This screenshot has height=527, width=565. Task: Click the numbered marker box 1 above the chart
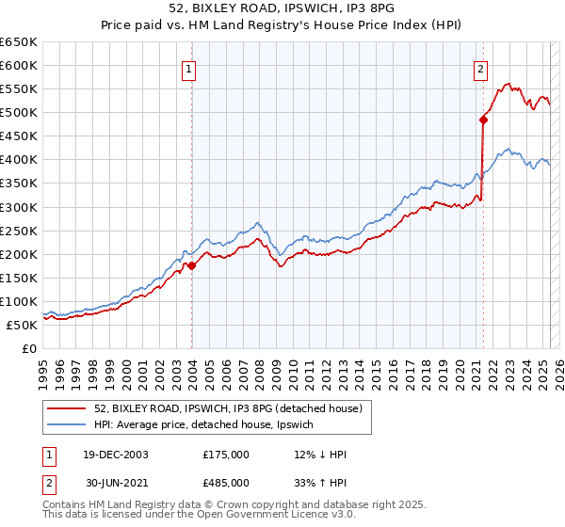point(190,68)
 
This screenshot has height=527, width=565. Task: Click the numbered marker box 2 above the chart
point(480,68)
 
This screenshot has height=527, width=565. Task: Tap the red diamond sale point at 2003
point(191,265)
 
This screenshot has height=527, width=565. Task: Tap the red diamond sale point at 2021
point(483,120)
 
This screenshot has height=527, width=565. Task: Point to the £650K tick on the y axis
point(19,42)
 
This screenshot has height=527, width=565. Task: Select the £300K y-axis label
point(19,207)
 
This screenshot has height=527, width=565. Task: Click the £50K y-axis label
point(23,325)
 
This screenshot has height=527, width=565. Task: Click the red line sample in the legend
point(67,407)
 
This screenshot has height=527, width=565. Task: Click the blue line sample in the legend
point(67,425)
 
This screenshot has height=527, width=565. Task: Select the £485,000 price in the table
point(226,482)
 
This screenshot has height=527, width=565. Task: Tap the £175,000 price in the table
point(226,455)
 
